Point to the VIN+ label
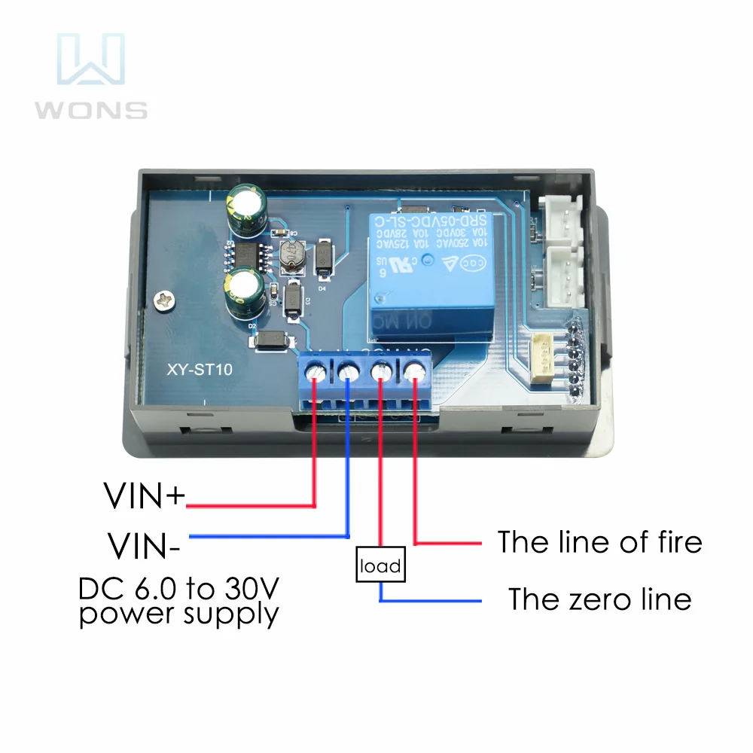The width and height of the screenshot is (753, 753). [x=143, y=496]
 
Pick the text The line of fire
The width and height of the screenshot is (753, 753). [x=599, y=542]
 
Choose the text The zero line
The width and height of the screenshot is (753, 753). [x=599, y=599]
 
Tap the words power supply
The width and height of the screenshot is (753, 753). [x=179, y=614]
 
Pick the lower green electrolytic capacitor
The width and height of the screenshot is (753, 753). [x=246, y=292]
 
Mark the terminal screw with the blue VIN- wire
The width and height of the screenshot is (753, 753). [x=349, y=371]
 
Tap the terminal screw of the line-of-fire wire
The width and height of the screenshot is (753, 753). [x=413, y=371]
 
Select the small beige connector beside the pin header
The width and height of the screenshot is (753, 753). [x=544, y=360]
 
